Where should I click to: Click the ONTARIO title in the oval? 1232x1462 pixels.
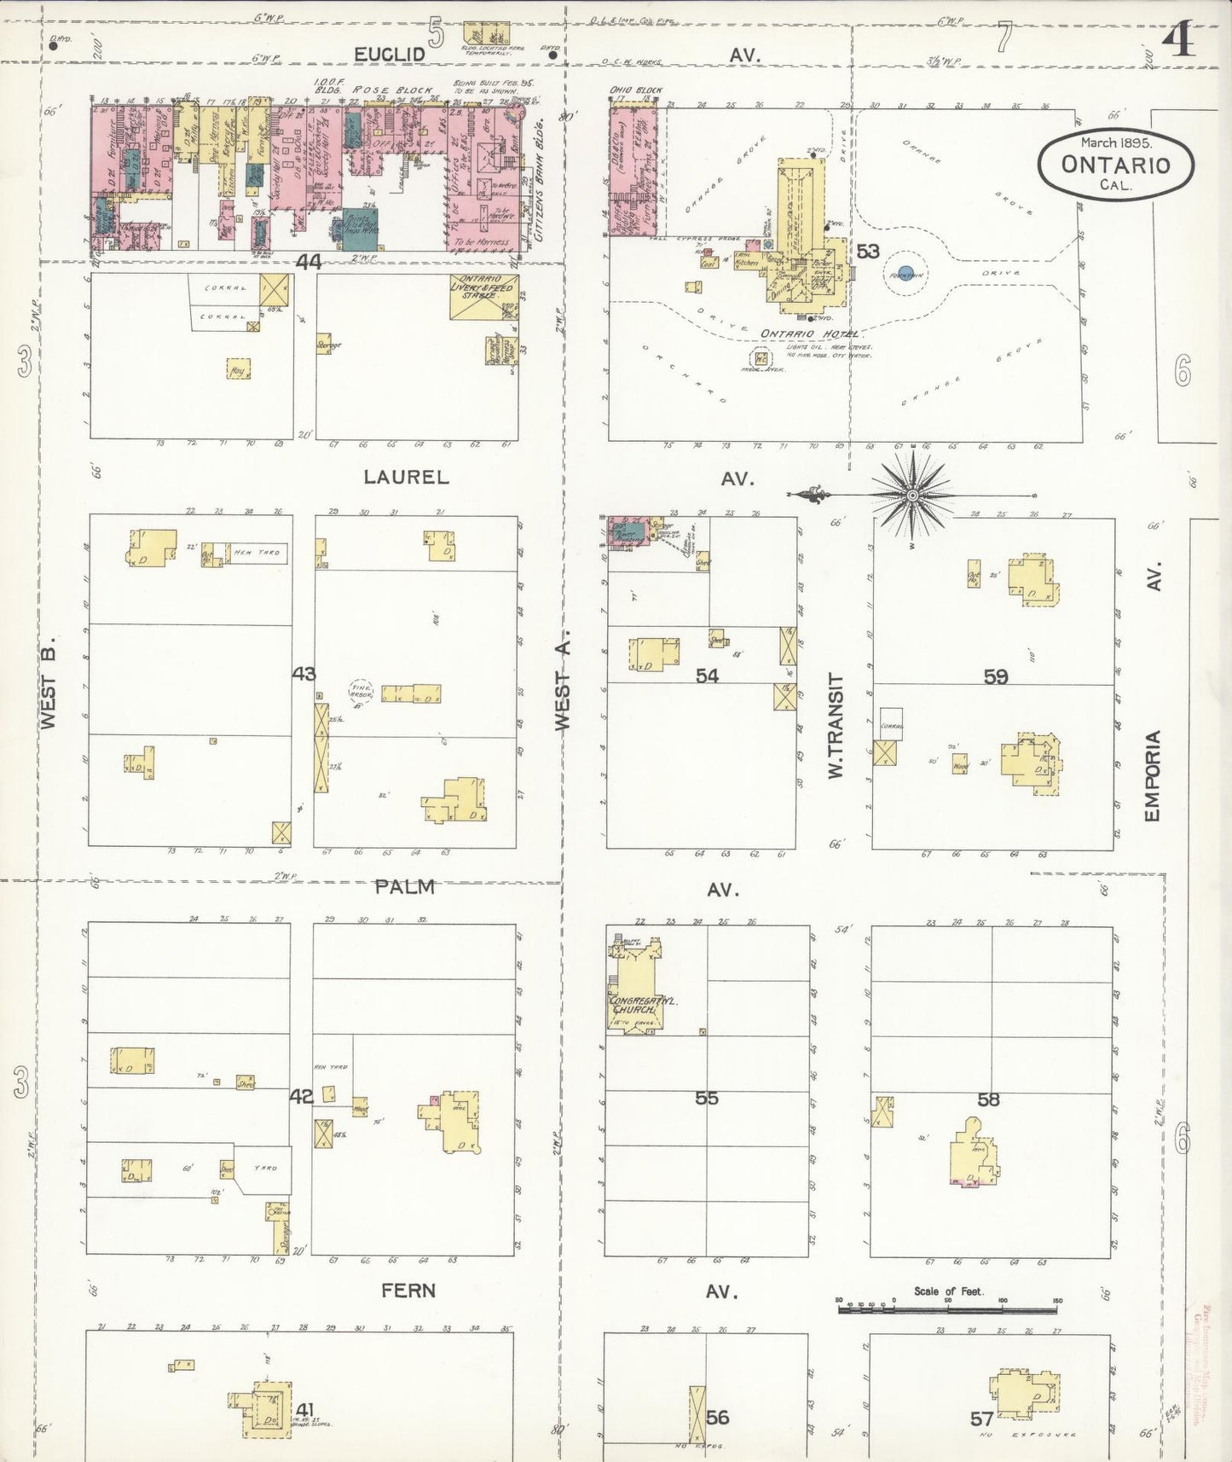[x=1115, y=165]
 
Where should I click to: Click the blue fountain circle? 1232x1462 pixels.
[x=905, y=274]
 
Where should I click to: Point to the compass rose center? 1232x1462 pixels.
[x=912, y=495]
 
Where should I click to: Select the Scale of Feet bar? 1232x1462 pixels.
[x=947, y=1308]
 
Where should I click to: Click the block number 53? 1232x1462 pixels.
[x=868, y=252]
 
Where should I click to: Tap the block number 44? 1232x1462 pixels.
[x=308, y=263]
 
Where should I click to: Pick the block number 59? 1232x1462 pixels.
[x=996, y=677]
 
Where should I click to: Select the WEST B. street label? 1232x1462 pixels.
[x=49, y=682]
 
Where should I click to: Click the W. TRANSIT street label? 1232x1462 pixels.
[x=836, y=725]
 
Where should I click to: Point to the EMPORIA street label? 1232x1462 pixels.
[x=1153, y=775]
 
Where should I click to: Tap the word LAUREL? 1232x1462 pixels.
[x=406, y=477]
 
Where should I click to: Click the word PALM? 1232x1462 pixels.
[x=405, y=887]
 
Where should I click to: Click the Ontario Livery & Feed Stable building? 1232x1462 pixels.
[x=484, y=297]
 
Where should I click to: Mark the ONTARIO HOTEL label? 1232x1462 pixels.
[x=809, y=334]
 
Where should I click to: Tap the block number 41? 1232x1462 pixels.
[x=304, y=1409]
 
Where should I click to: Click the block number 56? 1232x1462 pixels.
[x=718, y=1417]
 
